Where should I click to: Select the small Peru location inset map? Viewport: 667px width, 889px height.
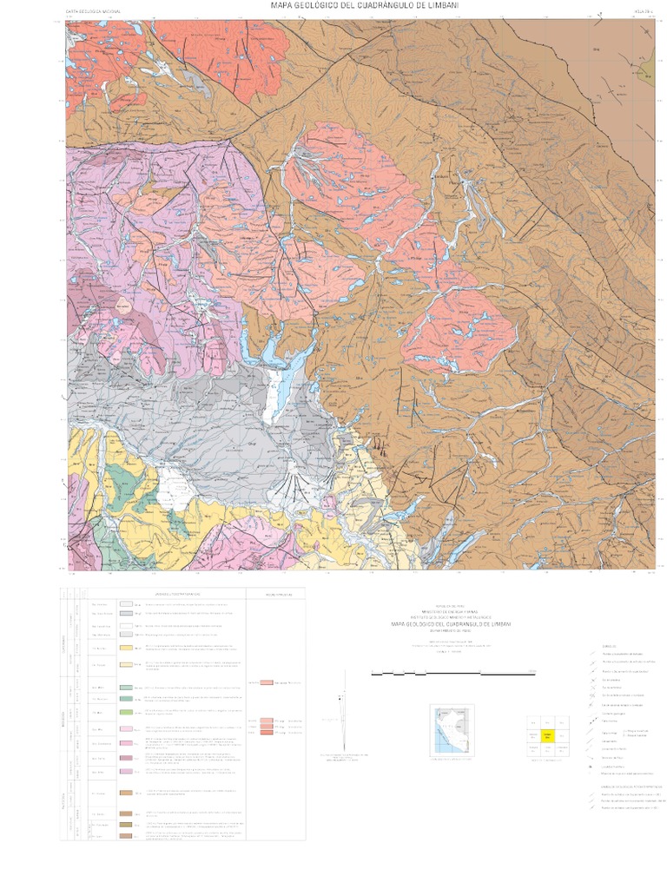pos(451,731)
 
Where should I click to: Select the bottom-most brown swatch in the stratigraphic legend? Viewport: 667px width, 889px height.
pos(126,835)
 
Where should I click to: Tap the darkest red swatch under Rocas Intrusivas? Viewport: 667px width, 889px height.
pos(267,734)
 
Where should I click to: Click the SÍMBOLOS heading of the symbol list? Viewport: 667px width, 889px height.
pos(611,646)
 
